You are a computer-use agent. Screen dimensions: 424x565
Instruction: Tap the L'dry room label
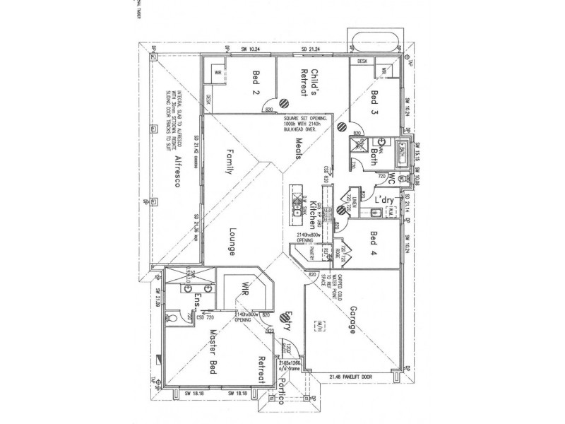tap(384, 199)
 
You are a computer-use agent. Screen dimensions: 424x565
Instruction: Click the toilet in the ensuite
tap(174, 319)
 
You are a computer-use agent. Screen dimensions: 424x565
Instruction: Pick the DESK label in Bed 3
tap(362, 61)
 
